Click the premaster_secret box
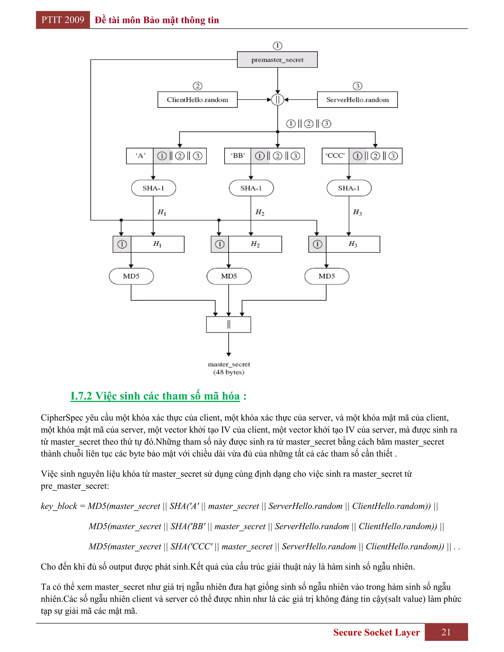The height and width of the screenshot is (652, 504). point(277,60)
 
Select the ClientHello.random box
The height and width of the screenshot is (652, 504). point(197,100)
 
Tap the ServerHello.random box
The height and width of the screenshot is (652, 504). point(357,100)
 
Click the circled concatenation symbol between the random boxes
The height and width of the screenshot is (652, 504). point(277,100)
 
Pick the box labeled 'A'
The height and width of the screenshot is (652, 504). point(140,156)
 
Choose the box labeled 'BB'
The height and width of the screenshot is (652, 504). point(238,156)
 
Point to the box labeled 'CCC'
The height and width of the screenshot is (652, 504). point(335,156)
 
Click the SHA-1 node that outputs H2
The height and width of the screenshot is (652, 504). point(251,188)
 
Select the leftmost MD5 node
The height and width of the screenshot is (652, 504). point(131,276)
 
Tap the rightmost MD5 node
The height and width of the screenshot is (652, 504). point(327,276)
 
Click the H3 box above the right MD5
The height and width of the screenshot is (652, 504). point(353,244)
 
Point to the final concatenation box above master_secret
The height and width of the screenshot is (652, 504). point(228,325)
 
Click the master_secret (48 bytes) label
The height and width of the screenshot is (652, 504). point(229,368)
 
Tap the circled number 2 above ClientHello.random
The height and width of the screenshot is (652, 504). point(197,86)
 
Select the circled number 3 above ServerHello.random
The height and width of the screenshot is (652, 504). point(357,86)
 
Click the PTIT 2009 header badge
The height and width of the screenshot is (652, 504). point(63,20)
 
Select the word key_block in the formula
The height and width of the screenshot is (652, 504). point(59,506)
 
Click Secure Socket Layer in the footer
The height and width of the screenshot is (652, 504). point(376,632)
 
